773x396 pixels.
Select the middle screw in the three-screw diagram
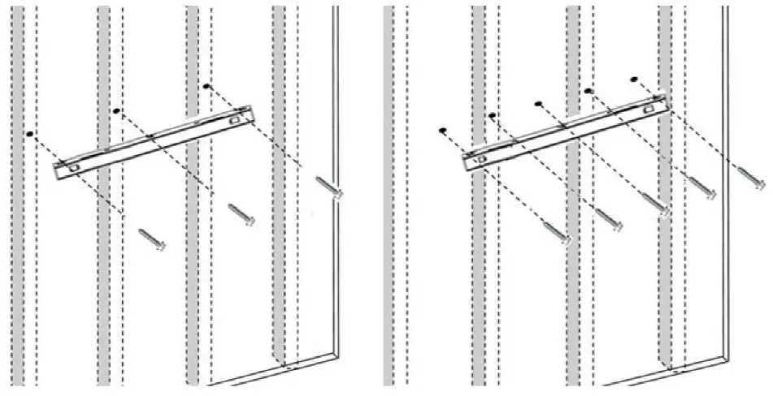(x=241, y=213)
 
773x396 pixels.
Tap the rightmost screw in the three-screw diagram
(x=329, y=187)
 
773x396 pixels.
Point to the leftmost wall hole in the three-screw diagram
(x=29, y=132)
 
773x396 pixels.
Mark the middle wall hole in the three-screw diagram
(x=117, y=110)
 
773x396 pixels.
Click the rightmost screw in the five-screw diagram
(x=752, y=173)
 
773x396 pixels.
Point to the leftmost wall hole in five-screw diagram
(x=443, y=129)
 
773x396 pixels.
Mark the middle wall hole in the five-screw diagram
(x=539, y=103)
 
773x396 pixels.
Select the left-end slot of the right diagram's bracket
(x=482, y=159)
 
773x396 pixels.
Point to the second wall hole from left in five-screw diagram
(x=492, y=116)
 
